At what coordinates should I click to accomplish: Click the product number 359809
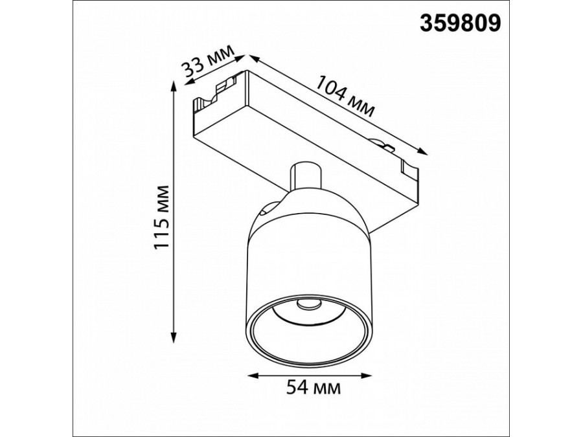[461, 23]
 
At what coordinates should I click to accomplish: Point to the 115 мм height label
[162, 217]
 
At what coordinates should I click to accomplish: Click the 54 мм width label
[314, 388]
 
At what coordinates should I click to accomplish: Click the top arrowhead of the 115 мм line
[172, 87]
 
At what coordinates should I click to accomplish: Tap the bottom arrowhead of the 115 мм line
[172, 337]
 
